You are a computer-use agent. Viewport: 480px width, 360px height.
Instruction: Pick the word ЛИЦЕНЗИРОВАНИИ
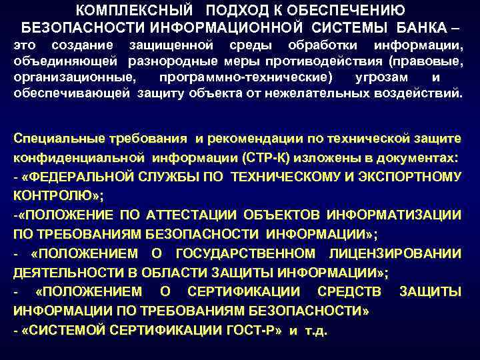[395, 253]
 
